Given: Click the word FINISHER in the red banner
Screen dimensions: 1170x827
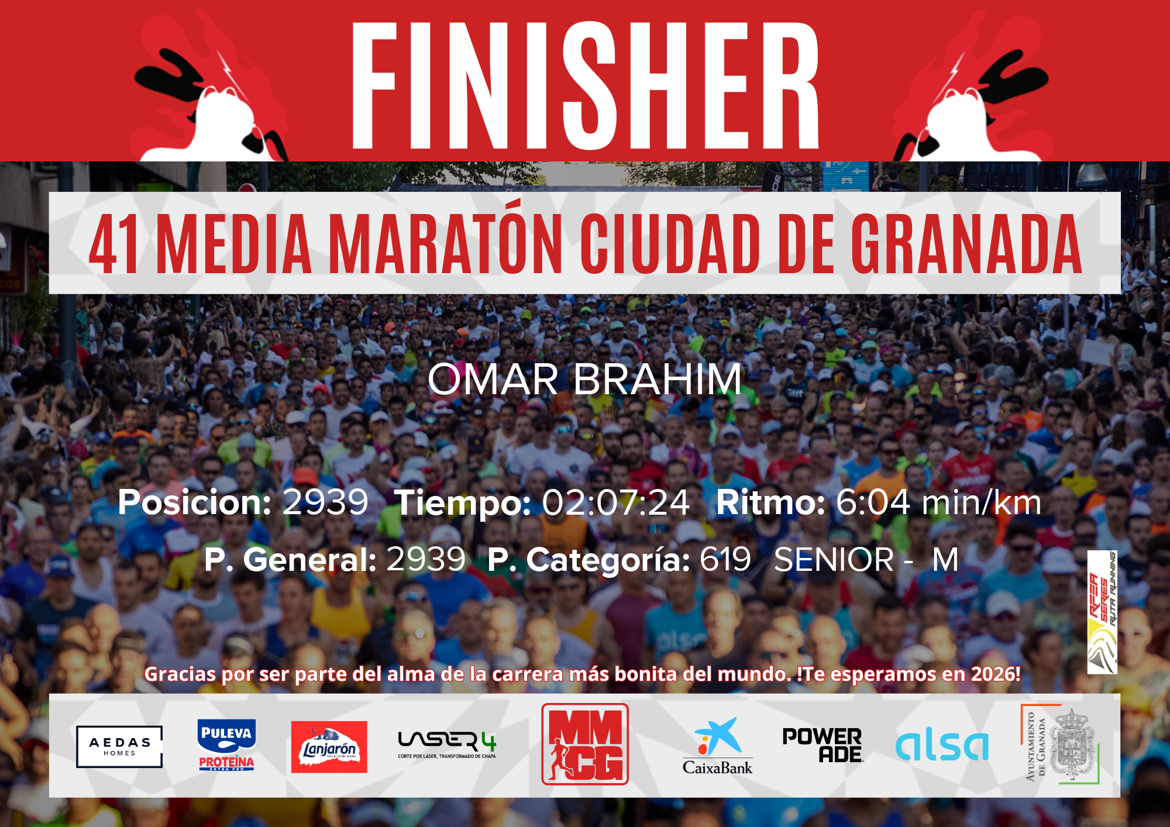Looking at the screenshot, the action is click(x=585, y=86).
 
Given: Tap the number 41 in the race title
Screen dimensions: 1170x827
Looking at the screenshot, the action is click(x=114, y=244).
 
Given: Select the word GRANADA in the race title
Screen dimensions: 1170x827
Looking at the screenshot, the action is click(x=966, y=244).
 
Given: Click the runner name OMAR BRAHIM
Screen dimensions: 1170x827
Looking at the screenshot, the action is click(x=585, y=379).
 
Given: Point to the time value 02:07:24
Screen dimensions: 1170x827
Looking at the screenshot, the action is click(x=615, y=502).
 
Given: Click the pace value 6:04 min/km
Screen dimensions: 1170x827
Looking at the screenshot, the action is click(x=939, y=502).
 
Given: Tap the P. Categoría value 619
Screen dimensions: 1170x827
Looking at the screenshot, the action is click(x=725, y=559).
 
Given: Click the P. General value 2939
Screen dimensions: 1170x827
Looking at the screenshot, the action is click(x=426, y=559).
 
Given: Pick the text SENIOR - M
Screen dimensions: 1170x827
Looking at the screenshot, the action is click(x=866, y=560).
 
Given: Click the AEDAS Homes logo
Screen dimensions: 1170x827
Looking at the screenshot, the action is click(x=119, y=746).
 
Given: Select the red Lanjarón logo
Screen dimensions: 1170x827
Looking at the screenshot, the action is click(x=329, y=747).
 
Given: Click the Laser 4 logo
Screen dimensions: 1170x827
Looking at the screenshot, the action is click(x=448, y=745).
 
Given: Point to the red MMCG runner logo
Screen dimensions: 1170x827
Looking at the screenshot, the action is click(x=585, y=744).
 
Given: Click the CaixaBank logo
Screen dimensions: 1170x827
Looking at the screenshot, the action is click(x=718, y=746).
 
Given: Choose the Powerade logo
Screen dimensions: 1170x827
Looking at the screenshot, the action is click(x=823, y=745).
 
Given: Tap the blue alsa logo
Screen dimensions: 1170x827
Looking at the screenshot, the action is click(x=942, y=746).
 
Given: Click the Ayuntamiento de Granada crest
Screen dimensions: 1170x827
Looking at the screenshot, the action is click(x=1060, y=745).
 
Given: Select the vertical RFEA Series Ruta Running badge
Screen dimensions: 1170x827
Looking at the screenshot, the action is click(x=1102, y=612).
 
